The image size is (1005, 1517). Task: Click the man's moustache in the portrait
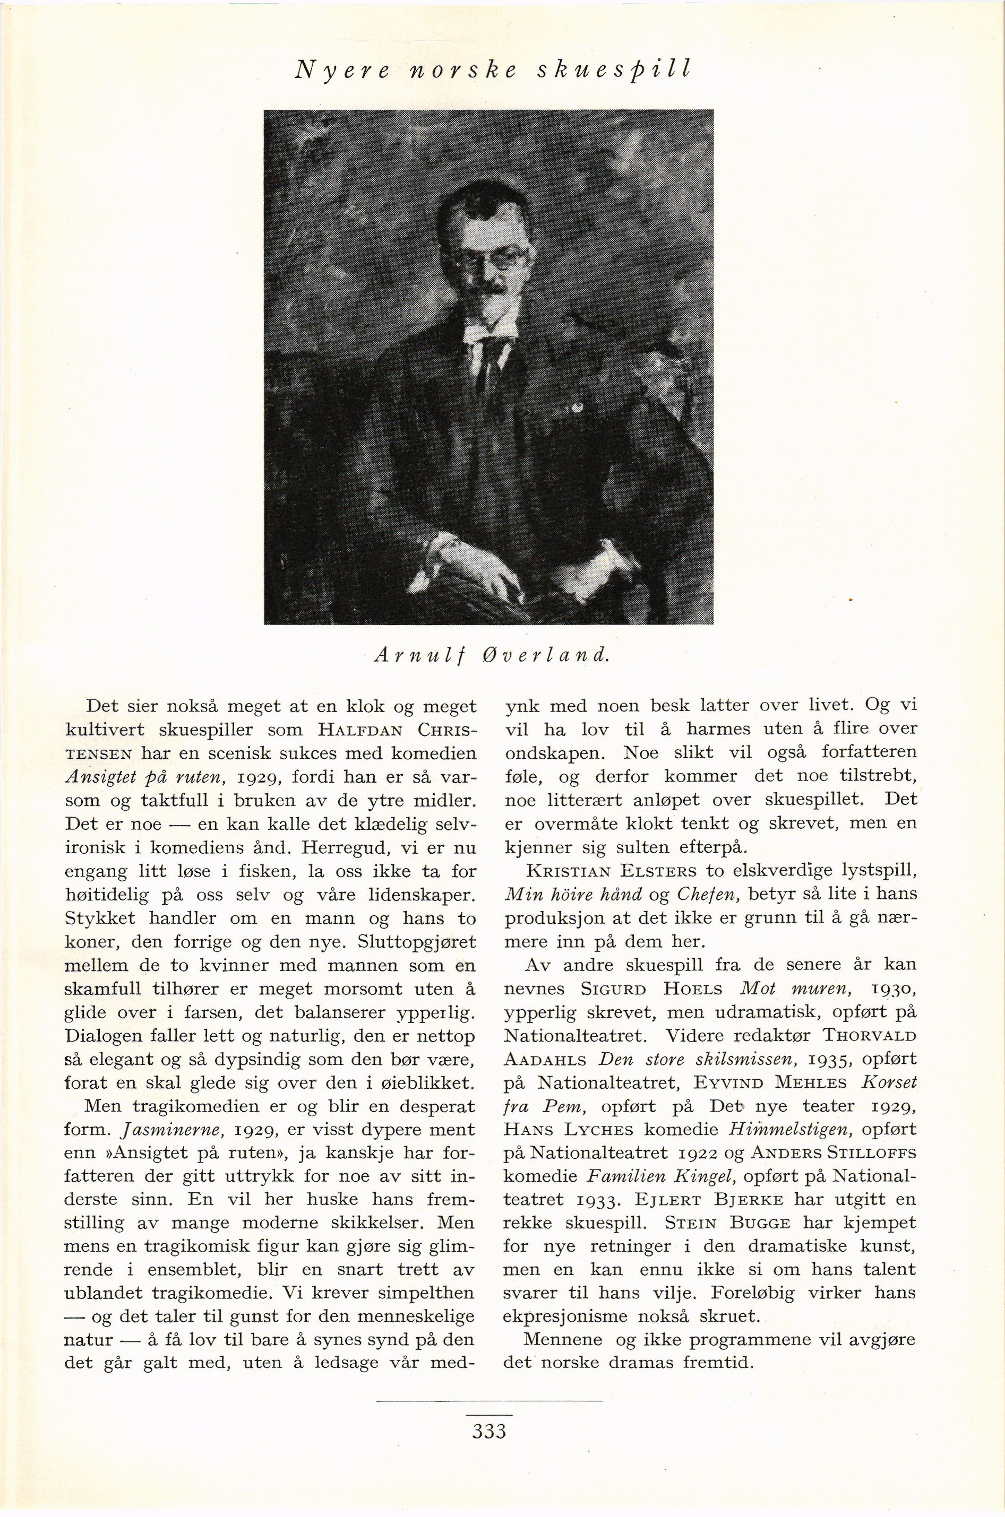tap(489, 293)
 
